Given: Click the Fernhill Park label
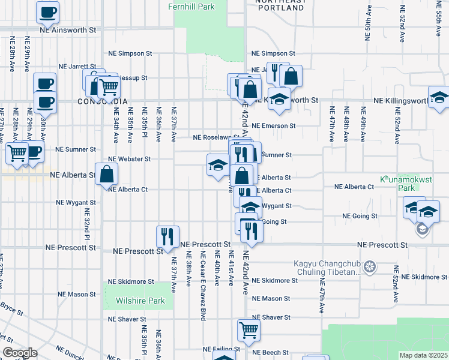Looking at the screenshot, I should click(191, 7).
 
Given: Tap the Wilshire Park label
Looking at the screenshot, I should click(138, 301).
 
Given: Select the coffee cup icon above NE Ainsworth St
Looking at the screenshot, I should click(47, 11).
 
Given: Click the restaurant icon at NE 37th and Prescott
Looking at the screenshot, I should click(167, 236).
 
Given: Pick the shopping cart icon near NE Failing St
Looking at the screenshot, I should click(249, 329).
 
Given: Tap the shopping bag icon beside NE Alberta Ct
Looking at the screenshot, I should click(106, 175).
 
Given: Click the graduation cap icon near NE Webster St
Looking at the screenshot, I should click(217, 166).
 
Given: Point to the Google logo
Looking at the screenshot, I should click(19, 353).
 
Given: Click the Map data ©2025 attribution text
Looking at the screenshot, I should click(423, 355).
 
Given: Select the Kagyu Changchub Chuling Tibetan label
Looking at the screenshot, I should click(327, 267).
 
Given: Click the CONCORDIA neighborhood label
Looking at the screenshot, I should click(103, 101).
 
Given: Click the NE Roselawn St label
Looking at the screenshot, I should click(216, 137).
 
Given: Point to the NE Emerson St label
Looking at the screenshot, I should click(274, 126).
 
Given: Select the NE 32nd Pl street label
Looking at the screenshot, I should click(86, 224).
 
